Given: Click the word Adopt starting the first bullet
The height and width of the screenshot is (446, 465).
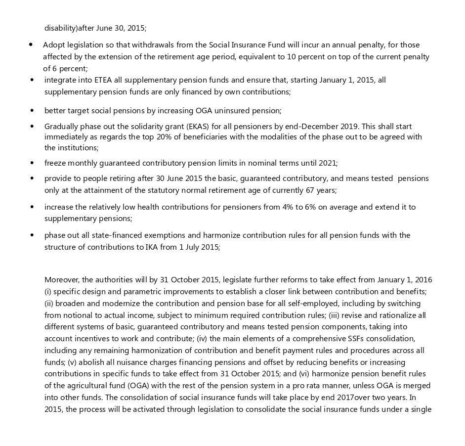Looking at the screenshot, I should point(53,45).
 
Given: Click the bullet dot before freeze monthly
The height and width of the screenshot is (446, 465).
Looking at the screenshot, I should point(32,163).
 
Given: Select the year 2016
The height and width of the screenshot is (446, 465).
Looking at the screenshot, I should point(423,280).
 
